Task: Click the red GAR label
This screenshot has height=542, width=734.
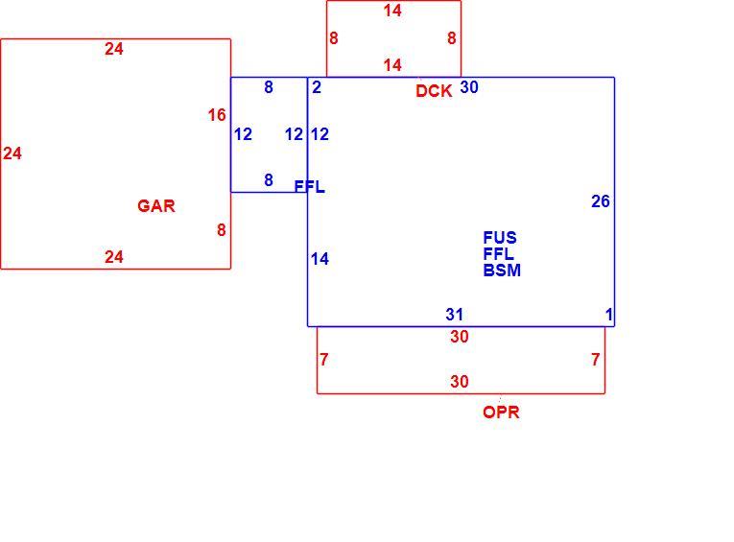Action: point(156,206)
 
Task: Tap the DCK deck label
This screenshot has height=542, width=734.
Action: point(434,91)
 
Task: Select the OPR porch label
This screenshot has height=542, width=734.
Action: point(501,412)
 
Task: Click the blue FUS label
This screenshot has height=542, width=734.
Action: point(500,238)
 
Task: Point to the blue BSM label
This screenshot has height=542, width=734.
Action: point(502,271)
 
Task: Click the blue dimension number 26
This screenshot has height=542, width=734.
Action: point(601,201)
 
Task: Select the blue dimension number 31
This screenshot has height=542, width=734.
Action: point(455,315)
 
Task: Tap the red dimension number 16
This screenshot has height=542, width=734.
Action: point(217,115)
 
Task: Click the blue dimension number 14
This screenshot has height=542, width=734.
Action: point(320,259)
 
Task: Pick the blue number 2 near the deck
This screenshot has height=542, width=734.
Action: point(317,87)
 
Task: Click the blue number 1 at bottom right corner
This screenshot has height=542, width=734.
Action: point(609,315)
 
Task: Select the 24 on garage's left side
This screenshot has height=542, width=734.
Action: point(12,153)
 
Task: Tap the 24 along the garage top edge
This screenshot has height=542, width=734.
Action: point(114,49)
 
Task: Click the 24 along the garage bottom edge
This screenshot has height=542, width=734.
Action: point(114,257)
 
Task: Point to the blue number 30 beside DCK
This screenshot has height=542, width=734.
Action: point(469,87)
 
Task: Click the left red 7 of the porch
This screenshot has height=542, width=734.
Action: point(324,360)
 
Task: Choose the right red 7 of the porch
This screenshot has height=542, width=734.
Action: point(596,360)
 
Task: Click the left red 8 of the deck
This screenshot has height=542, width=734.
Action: point(334,38)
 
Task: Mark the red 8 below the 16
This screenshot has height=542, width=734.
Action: point(222,230)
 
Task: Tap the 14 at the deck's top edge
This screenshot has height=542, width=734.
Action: point(392,11)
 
